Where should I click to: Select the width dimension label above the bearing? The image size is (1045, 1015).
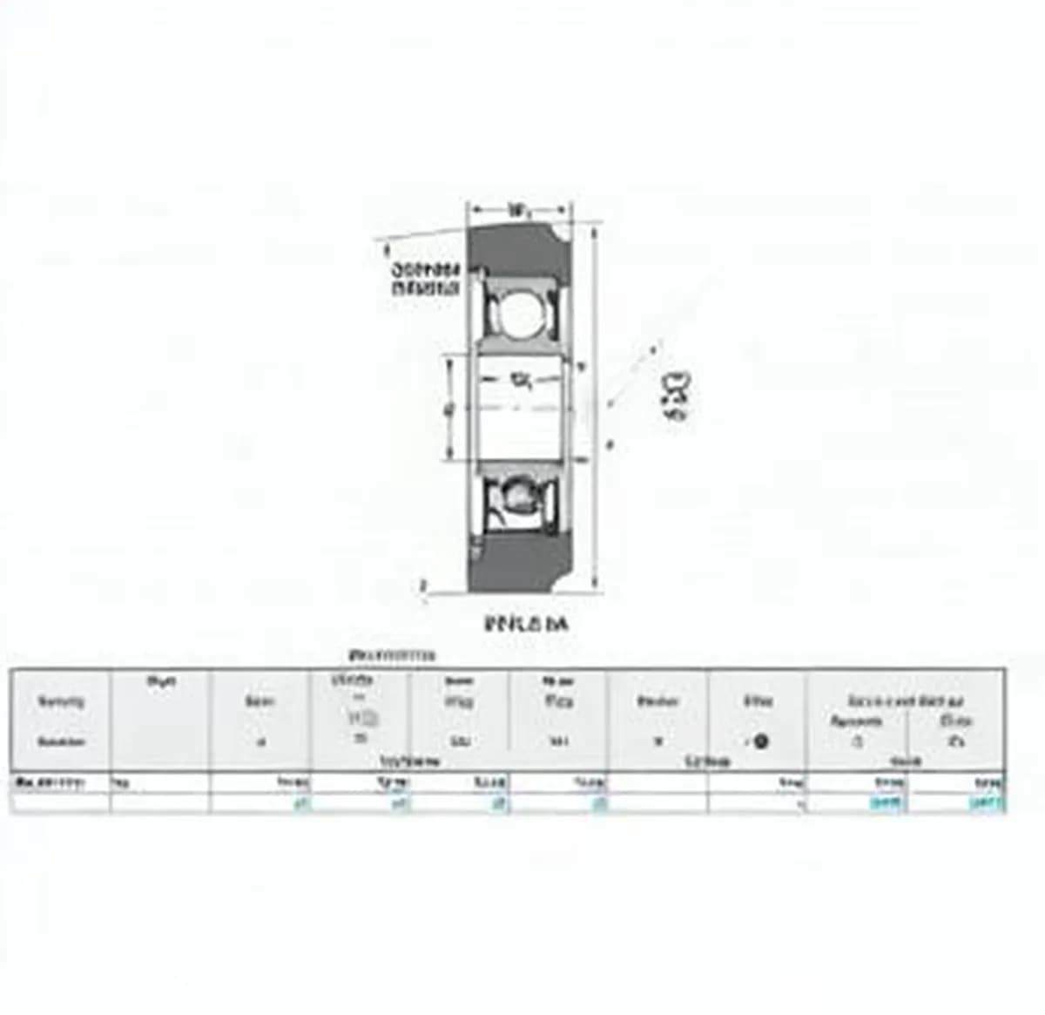519,210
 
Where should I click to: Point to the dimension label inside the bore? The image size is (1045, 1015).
521,380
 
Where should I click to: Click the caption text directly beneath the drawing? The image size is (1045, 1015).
525,624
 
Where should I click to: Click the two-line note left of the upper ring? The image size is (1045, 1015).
426,279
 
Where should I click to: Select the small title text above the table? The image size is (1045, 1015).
392,655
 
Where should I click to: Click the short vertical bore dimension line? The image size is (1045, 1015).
450,408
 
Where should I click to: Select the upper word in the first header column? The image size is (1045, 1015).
61,701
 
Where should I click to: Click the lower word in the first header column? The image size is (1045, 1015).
61,742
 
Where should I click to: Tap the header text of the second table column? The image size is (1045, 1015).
161,681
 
